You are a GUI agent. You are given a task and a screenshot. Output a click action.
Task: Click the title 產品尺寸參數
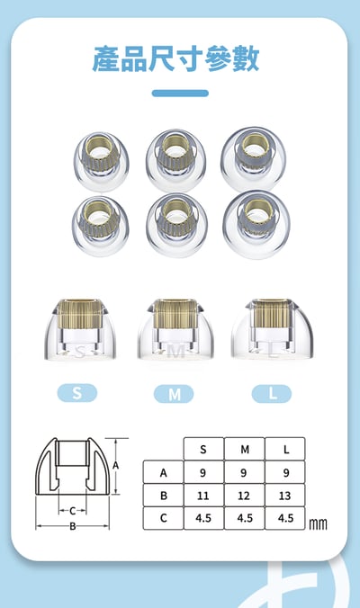click(175, 59)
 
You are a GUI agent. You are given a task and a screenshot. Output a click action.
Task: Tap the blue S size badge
click(77, 393)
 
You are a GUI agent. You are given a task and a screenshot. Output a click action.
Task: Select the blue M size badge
click(174, 394)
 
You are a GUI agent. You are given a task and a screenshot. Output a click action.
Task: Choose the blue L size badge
click(272, 394)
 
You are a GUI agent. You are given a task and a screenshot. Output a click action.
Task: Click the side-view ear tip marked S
click(80, 329)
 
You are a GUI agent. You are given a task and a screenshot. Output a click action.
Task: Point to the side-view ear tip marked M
click(175, 329)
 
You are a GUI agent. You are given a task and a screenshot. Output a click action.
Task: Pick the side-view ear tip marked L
click(272, 329)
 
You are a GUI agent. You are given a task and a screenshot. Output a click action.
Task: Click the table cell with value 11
click(203, 496)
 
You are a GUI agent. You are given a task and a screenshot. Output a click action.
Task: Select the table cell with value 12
click(245, 496)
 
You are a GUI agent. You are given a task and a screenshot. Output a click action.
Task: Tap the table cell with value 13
click(285, 496)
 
